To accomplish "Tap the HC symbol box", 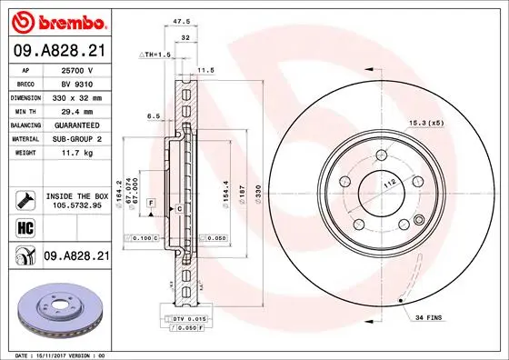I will [x=25, y=227].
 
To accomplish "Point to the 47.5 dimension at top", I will [x=182, y=19].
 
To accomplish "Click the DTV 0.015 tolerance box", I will [x=186, y=319].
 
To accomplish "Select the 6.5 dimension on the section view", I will [x=153, y=116].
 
